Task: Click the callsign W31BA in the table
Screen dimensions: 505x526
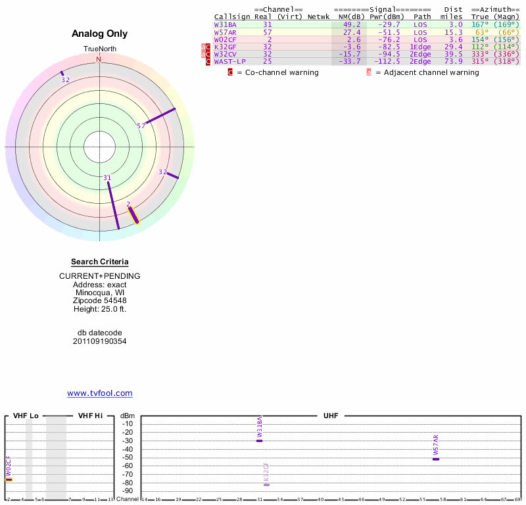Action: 226,24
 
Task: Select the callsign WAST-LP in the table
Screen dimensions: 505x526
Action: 229,61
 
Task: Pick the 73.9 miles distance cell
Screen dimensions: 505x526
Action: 454,61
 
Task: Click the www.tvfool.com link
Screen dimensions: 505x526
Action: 100,393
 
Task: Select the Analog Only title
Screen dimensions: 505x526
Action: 100,34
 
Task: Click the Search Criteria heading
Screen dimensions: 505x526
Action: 100,262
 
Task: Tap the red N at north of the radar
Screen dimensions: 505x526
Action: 99,59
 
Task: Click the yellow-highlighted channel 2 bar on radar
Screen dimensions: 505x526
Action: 133,215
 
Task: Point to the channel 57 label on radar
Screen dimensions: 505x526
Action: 141,126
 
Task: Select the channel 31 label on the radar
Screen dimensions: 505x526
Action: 107,178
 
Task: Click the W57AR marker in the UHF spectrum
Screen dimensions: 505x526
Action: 436,458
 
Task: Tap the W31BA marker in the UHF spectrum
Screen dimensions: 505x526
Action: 260,440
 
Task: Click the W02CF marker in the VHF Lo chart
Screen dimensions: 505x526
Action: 9,479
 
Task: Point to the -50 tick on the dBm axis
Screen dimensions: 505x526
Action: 128,458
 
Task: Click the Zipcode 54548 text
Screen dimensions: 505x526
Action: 100,300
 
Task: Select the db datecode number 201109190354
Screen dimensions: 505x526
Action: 100,341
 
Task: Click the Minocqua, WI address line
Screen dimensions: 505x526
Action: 100,292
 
